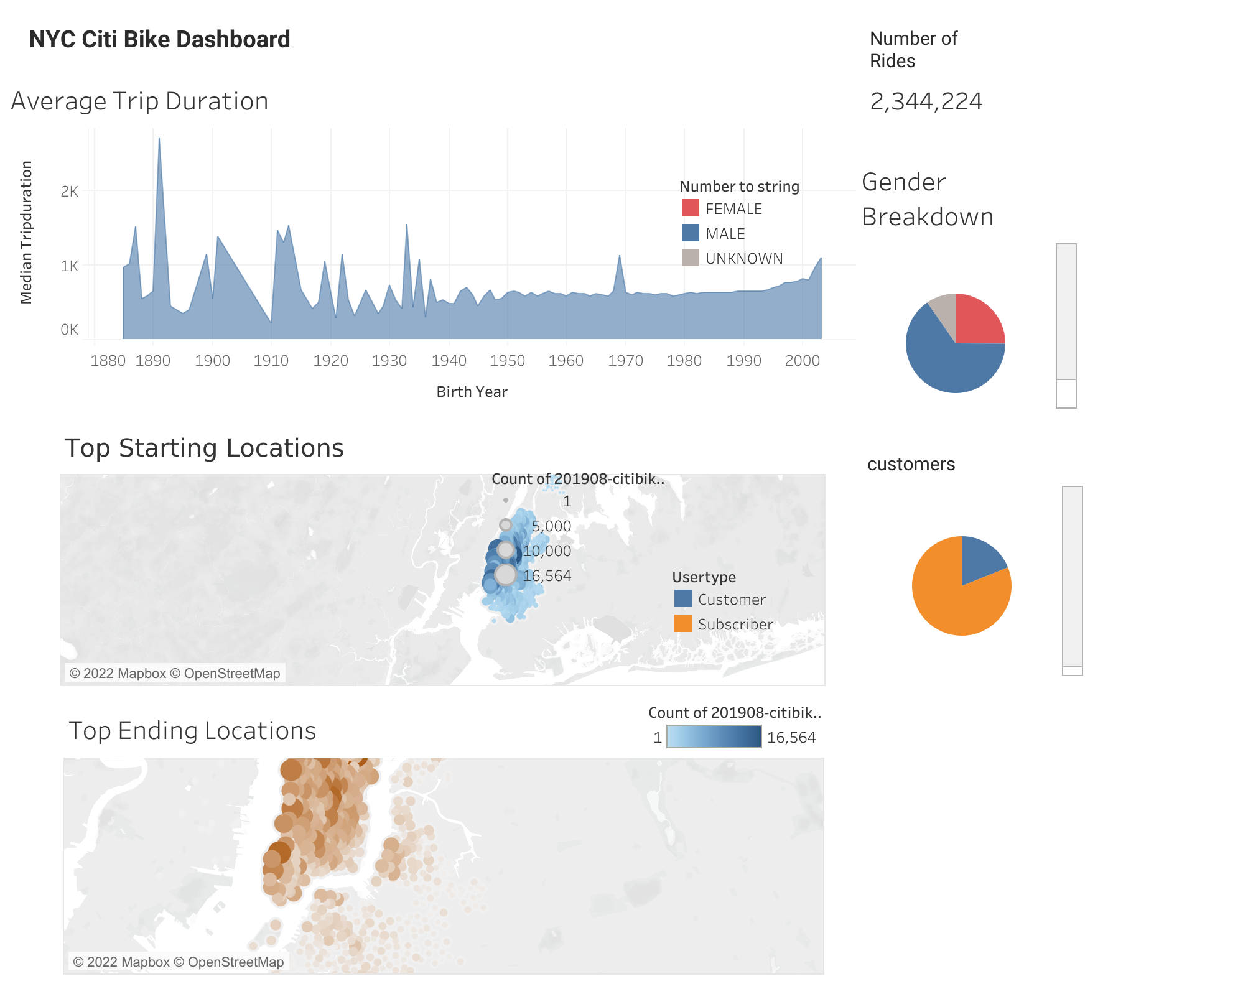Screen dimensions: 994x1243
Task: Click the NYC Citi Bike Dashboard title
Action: [159, 39]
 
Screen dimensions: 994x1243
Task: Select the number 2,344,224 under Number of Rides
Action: [926, 101]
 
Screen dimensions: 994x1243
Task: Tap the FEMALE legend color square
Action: [690, 208]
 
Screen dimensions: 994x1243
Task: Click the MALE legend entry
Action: [725, 234]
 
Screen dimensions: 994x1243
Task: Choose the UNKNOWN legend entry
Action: [743, 259]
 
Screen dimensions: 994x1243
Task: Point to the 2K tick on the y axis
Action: [69, 192]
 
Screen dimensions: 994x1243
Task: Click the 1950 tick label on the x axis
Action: [507, 361]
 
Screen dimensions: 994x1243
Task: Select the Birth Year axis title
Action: [472, 392]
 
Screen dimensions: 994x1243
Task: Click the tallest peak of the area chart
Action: [159, 141]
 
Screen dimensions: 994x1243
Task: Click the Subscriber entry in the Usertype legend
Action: [735, 625]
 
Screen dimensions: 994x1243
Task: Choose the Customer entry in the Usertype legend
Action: [731, 600]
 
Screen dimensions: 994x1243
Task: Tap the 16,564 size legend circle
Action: [506, 575]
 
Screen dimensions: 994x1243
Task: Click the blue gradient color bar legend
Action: [714, 737]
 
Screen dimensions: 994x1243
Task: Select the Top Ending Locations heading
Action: [192, 731]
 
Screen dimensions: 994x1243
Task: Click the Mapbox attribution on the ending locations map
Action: [178, 962]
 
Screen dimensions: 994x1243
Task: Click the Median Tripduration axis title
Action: [26, 232]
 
